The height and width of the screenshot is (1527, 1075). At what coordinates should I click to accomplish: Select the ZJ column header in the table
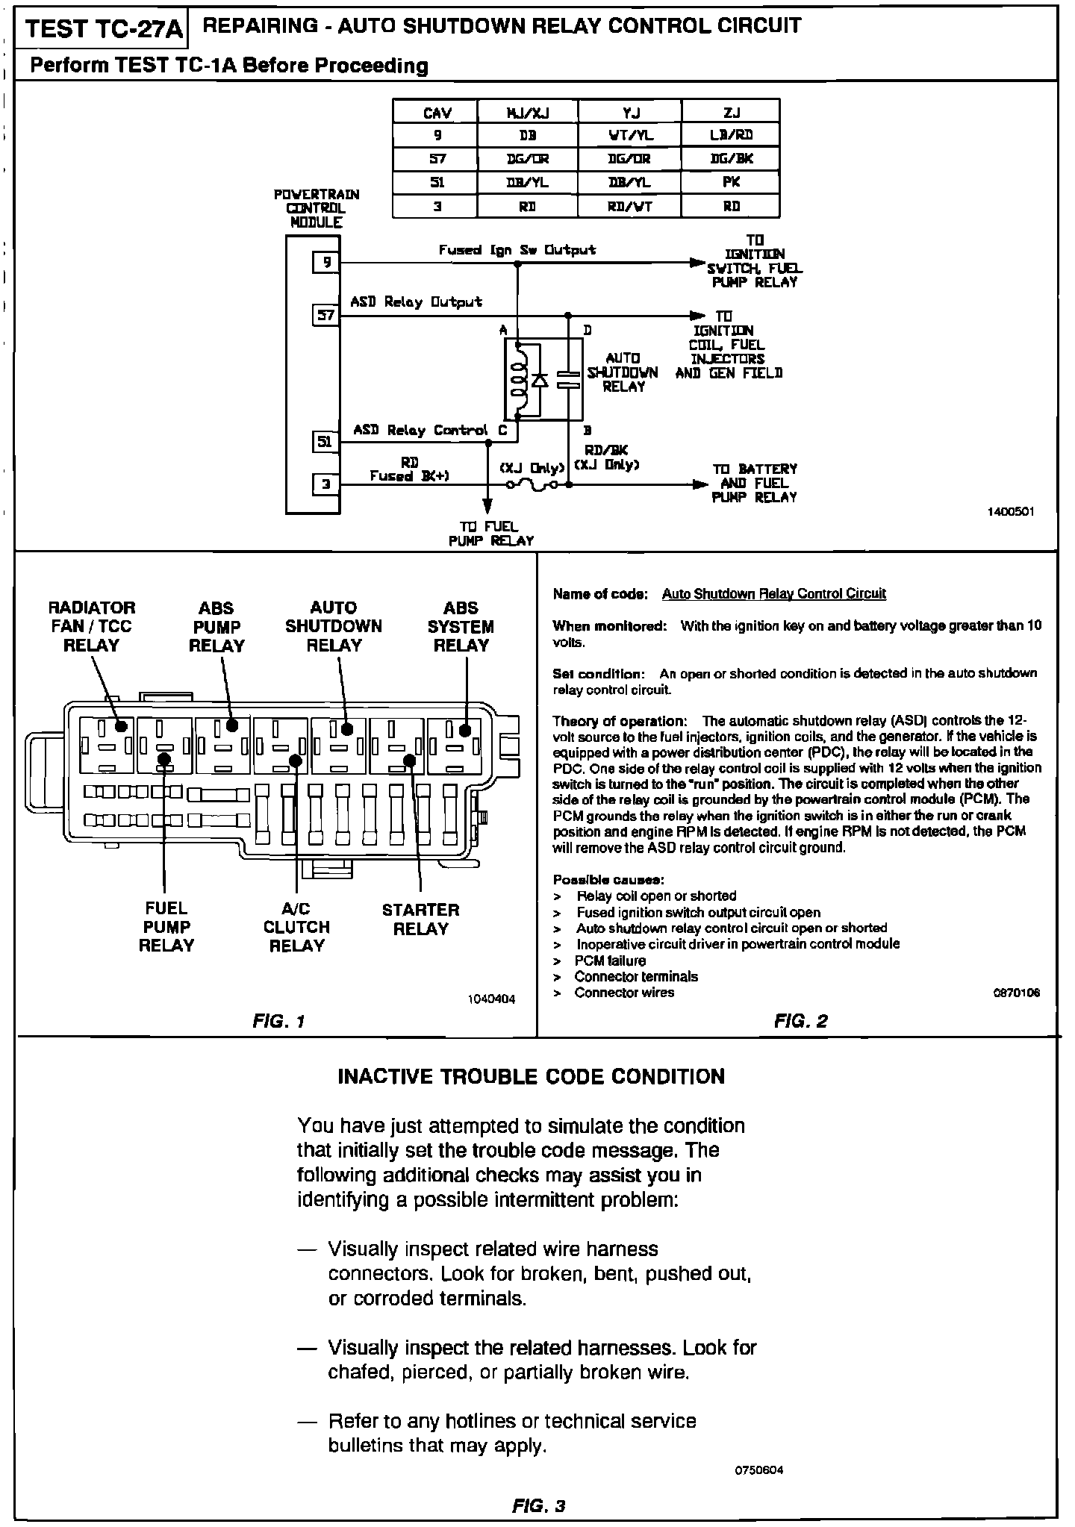pyautogui.click(x=731, y=112)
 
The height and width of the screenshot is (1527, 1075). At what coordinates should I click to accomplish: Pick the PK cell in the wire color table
pyautogui.click(x=731, y=182)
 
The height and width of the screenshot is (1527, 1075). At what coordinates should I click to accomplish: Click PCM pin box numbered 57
pyautogui.click(x=325, y=316)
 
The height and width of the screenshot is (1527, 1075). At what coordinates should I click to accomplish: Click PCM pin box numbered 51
pyautogui.click(x=325, y=443)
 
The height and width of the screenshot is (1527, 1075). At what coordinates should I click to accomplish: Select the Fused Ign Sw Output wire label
pyautogui.click(x=517, y=250)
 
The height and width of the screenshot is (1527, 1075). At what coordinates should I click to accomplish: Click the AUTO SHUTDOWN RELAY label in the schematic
pyautogui.click(x=623, y=372)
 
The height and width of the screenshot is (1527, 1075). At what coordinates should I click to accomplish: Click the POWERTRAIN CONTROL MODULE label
pyautogui.click(x=317, y=208)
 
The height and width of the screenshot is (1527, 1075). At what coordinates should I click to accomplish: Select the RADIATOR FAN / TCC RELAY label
pyautogui.click(x=92, y=627)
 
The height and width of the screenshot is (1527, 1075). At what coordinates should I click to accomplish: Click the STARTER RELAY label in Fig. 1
pyautogui.click(x=420, y=919)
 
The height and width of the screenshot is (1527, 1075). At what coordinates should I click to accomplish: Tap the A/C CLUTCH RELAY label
pyautogui.click(x=296, y=927)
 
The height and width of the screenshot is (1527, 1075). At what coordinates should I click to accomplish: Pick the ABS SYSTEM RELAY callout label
pyautogui.click(x=461, y=627)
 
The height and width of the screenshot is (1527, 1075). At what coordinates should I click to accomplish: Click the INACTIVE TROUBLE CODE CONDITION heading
pyautogui.click(x=532, y=1076)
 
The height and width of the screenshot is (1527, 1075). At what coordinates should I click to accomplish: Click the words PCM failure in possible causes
pyautogui.click(x=610, y=961)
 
